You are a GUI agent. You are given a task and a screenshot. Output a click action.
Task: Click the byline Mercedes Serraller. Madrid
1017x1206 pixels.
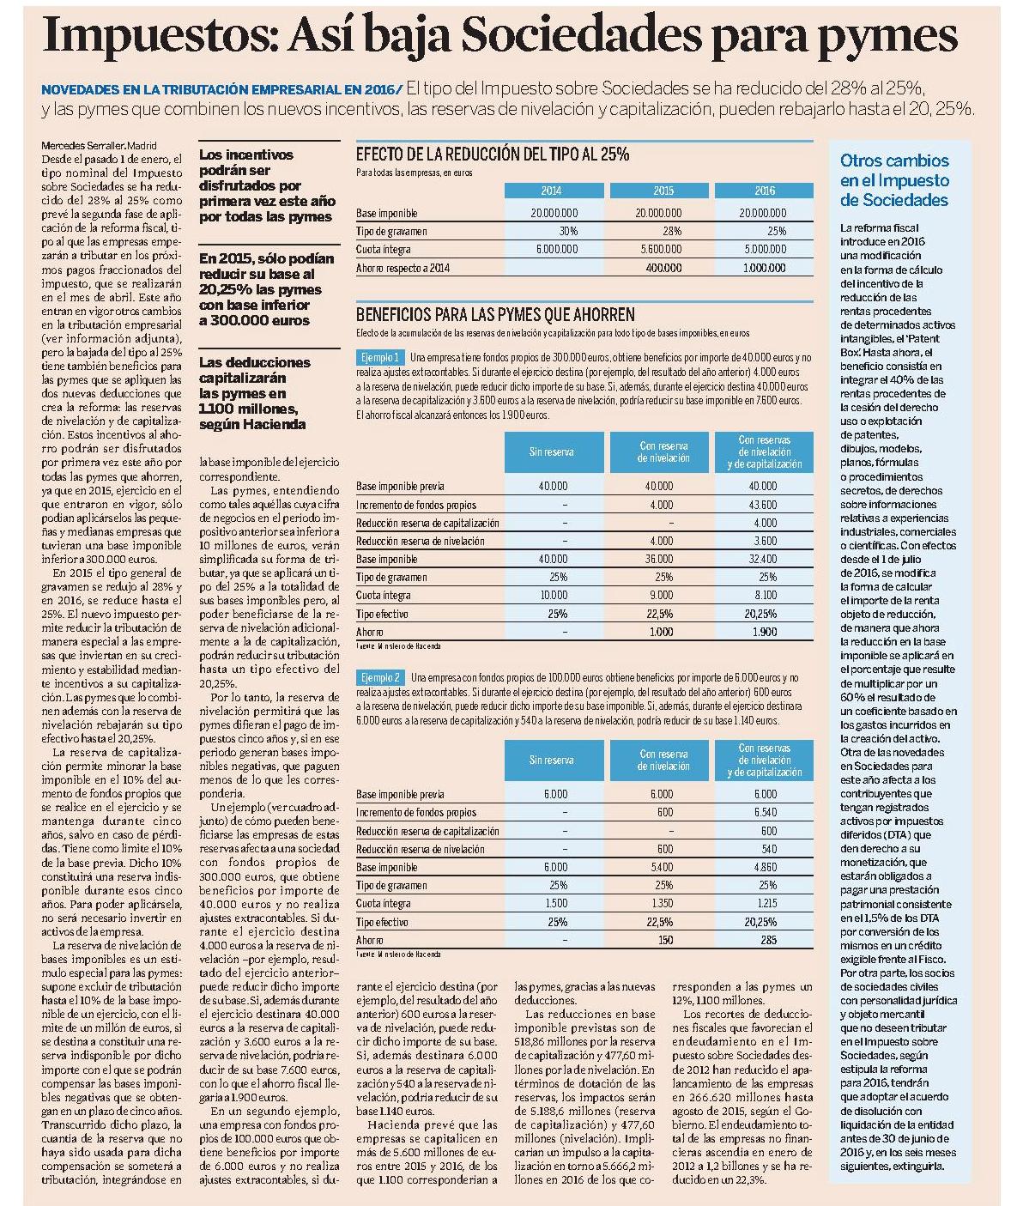point(99,146)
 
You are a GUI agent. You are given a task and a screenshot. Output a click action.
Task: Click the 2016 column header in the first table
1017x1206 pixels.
point(764,191)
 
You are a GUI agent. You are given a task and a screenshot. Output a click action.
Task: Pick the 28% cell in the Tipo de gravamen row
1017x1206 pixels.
point(672,231)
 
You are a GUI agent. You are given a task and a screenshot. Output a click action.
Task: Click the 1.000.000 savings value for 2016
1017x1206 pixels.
point(764,268)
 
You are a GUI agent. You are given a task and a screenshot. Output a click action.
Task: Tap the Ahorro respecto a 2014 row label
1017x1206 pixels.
point(403,268)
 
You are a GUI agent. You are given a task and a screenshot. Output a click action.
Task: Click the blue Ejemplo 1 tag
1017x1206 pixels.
point(379,358)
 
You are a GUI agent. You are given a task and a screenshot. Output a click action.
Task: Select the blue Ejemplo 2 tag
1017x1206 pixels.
point(379,677)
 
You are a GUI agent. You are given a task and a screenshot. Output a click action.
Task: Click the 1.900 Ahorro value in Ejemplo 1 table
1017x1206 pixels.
point(765,632)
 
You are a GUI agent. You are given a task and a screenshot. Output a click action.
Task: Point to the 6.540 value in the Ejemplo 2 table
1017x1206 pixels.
point(766,813)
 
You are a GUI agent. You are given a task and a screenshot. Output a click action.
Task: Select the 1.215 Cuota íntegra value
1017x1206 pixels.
point(766,903)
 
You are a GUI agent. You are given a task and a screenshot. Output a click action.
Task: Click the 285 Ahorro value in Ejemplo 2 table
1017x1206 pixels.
point(769,940)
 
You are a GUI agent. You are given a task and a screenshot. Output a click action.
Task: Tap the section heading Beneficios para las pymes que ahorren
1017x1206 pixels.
point(495,315)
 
